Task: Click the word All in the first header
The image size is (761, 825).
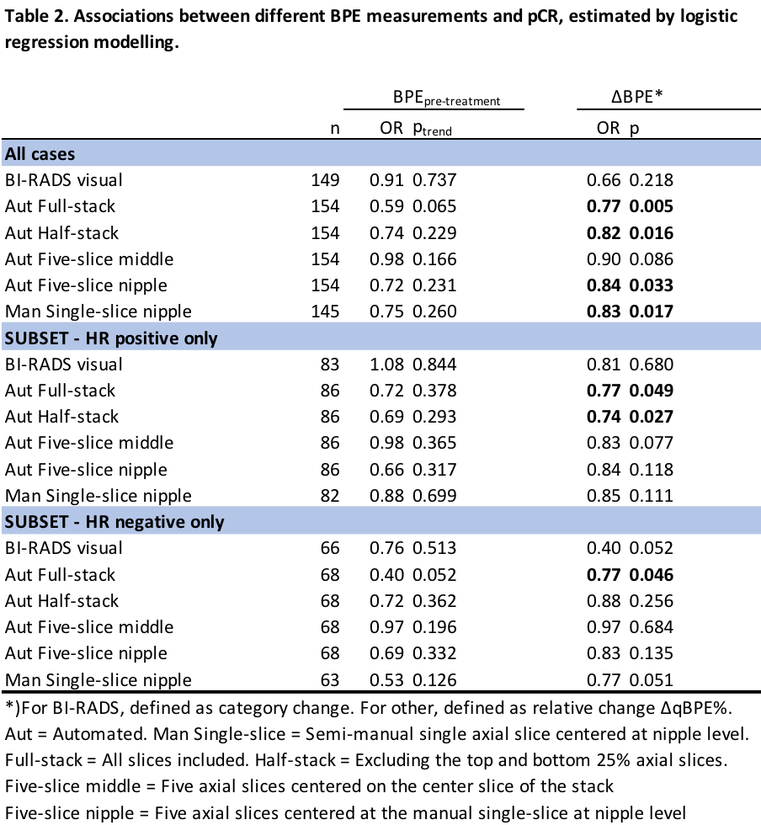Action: pyautogui.click(x=16, y=154)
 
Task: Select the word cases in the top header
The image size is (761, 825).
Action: pyautogui.click(x=53, y=154)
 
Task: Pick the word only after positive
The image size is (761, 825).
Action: pyautogui.click(x=200, y=338)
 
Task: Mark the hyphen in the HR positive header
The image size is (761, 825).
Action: pyautogui.click(x=77, y=339)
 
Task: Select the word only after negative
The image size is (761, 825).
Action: pyautogui.click(x=207, y=522)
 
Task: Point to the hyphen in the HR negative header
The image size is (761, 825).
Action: pyautogui.click(x=77, y=523)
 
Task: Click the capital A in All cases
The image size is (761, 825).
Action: pyautogui.click(x=10, y=154)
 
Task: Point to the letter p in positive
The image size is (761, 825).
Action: pyautogui.click(x=120, y=340)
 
